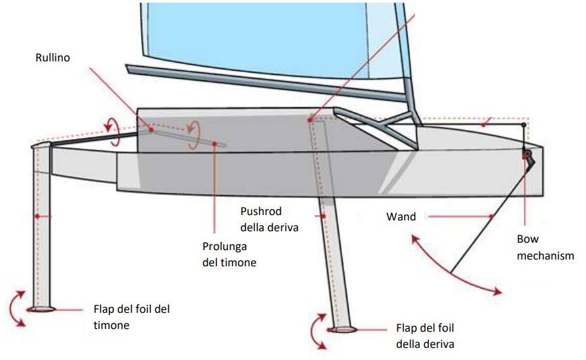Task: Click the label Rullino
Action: click(x=53, y=59)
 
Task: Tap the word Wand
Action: click(x=401, y=217)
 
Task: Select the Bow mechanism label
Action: click(x=545, y=247)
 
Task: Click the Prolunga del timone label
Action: click(x=229, y=254)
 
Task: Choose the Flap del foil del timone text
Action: click(x=131, y=317)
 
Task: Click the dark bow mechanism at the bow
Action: click(x=527, y=158)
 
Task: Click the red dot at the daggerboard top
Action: click(x=310, y=120)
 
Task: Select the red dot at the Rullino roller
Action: click(x=151, y=129)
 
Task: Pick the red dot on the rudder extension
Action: click(x=214, y=143)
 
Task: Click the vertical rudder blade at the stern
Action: click(x=42, y=222)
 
